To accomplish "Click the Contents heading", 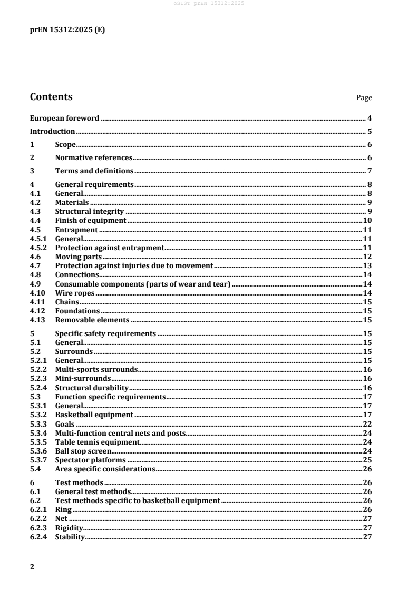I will pos(51,97).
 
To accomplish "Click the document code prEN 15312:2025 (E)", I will pos(67,30).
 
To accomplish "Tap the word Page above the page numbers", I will pos(364,98).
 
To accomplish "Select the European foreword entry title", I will pos(64,118).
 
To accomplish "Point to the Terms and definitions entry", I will pos(94,171).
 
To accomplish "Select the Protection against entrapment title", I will pos(110,248).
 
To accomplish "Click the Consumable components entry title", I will pos(143,284).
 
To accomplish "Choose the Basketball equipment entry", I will pos(94,415).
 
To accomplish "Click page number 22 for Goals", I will pos(367,424).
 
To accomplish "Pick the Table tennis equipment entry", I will pos(97,442).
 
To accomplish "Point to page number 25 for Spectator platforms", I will pos(367,460).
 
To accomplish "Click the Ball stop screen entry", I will pos(83,451).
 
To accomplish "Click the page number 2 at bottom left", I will pos(32,567).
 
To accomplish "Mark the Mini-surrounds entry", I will pos(83,378).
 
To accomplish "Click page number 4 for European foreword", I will pos(370,118).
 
